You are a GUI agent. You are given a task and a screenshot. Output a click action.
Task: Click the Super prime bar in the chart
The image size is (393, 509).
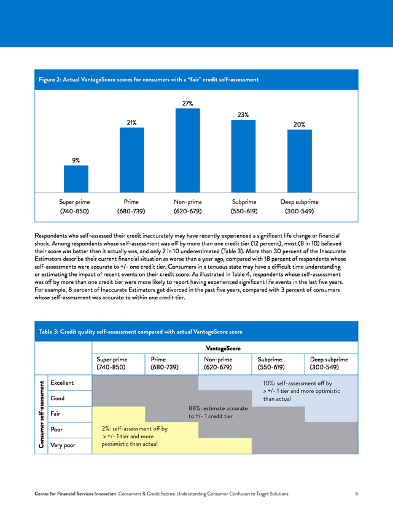pyautogui.click(x=76, y=179)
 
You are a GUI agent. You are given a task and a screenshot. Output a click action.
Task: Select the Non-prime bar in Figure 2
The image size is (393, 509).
pyautogui.click(x=188, y=150)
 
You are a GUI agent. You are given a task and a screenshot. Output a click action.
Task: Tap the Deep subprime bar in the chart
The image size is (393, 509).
pyautogui.click(x=300, y=161)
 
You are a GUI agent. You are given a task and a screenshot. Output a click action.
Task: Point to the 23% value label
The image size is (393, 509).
pyautogui.click(x=243, y=115)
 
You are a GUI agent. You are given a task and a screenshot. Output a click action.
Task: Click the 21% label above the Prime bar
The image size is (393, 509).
pyautogui.click(x=131, y=123)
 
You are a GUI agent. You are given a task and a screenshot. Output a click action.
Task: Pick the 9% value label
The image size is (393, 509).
pyautogui.click(x=76, y=160)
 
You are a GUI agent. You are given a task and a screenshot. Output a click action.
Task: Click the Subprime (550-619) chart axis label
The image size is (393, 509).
pyautogui.click(x=244, y=207)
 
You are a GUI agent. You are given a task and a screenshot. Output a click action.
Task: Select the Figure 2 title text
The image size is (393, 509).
pyautogui.click(x=149, y=79)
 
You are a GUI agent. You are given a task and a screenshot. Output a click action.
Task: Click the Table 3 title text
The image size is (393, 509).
pyautogui.click(x=141, y=332)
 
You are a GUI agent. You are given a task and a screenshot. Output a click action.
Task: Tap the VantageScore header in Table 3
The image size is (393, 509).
pyautogui.click(x=223, y=349)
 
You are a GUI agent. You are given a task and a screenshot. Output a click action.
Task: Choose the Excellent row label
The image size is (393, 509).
pyautogui.click(x=62, y=383)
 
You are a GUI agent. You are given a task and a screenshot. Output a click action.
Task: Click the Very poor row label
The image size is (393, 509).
pyautogui.click(x=63, y=445)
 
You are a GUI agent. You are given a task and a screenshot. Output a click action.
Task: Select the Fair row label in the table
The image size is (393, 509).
pyautogui.click(x=55, y=414)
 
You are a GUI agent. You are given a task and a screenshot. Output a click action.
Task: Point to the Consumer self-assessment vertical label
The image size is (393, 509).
pyautogui.click(x=41, y=414)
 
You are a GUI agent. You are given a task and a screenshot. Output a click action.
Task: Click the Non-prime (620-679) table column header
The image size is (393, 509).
pyautogui.click(x=218, y=363)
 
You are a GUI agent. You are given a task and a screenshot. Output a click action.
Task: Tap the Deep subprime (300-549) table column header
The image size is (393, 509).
pyautogui.click(x=329, y=363)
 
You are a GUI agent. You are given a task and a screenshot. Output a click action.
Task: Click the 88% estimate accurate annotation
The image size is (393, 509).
pyautogui.click(x=218, y=412)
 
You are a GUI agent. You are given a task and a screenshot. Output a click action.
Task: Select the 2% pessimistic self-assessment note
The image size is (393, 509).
pyautogui.click(x=134, y=436)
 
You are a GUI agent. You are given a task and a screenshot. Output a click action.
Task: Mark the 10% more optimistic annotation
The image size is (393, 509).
pyautogui.click(x=302, y=391)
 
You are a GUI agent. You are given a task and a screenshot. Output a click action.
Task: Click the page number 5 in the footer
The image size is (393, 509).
pyautogui.click(x=357, y=494)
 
